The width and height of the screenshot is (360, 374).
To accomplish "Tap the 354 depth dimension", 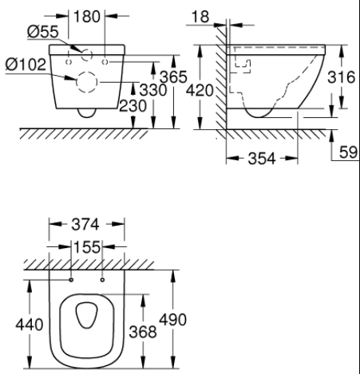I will point(260,158).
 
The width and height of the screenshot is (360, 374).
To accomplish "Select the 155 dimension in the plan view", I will point(88,247).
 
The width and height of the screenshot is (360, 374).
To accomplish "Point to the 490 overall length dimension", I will point(172,320).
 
